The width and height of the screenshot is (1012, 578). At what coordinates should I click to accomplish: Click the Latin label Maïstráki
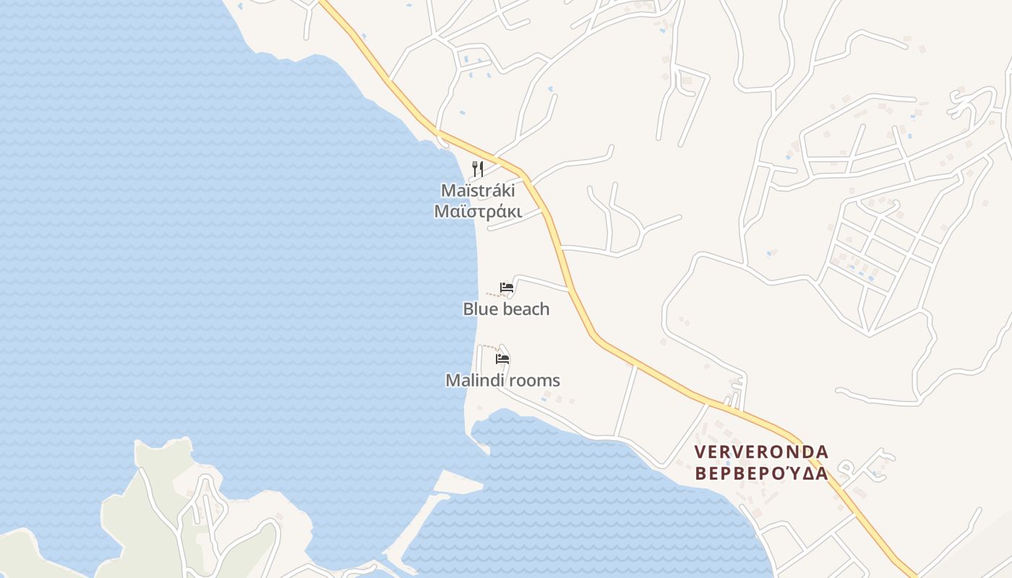(478, 191)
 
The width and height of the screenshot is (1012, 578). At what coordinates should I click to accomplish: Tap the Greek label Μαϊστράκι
(478, 211)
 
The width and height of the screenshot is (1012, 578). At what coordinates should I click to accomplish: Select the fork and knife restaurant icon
(478, 169)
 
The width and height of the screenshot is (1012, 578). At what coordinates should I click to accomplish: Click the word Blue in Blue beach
(481, 309)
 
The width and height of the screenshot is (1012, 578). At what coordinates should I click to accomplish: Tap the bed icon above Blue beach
(507, 288)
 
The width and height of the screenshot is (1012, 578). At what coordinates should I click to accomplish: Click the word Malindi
(475, 381)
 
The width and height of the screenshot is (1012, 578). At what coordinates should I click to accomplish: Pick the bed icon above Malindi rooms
(502, 358)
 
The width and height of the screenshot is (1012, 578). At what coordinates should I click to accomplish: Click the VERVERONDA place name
(761, 452)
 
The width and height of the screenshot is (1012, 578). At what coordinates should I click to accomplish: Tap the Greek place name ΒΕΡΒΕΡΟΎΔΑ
(761, 474)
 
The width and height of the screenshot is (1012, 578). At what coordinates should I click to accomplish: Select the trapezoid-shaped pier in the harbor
(458, 481)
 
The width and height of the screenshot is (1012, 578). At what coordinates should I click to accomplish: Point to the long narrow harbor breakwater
(416, 527)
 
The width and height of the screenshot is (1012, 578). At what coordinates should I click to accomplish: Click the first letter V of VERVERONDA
(700, 452)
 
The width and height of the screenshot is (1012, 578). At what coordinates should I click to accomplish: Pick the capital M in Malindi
(453, 381)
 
